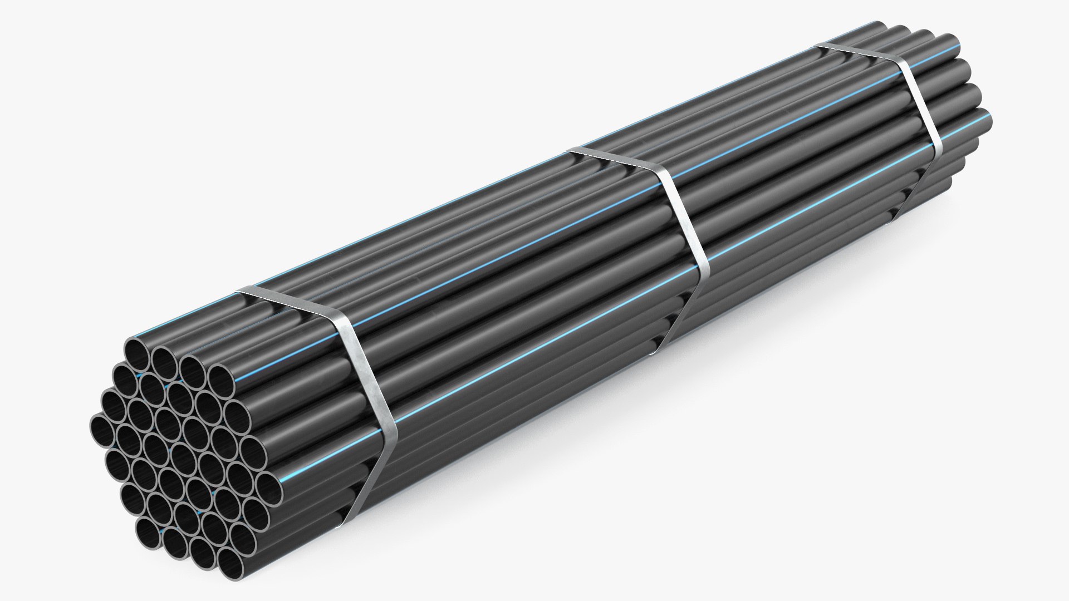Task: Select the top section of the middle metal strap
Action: click(618, 161)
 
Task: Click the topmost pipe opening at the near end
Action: click(137, 353)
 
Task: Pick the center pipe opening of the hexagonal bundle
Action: click(184, 456)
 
